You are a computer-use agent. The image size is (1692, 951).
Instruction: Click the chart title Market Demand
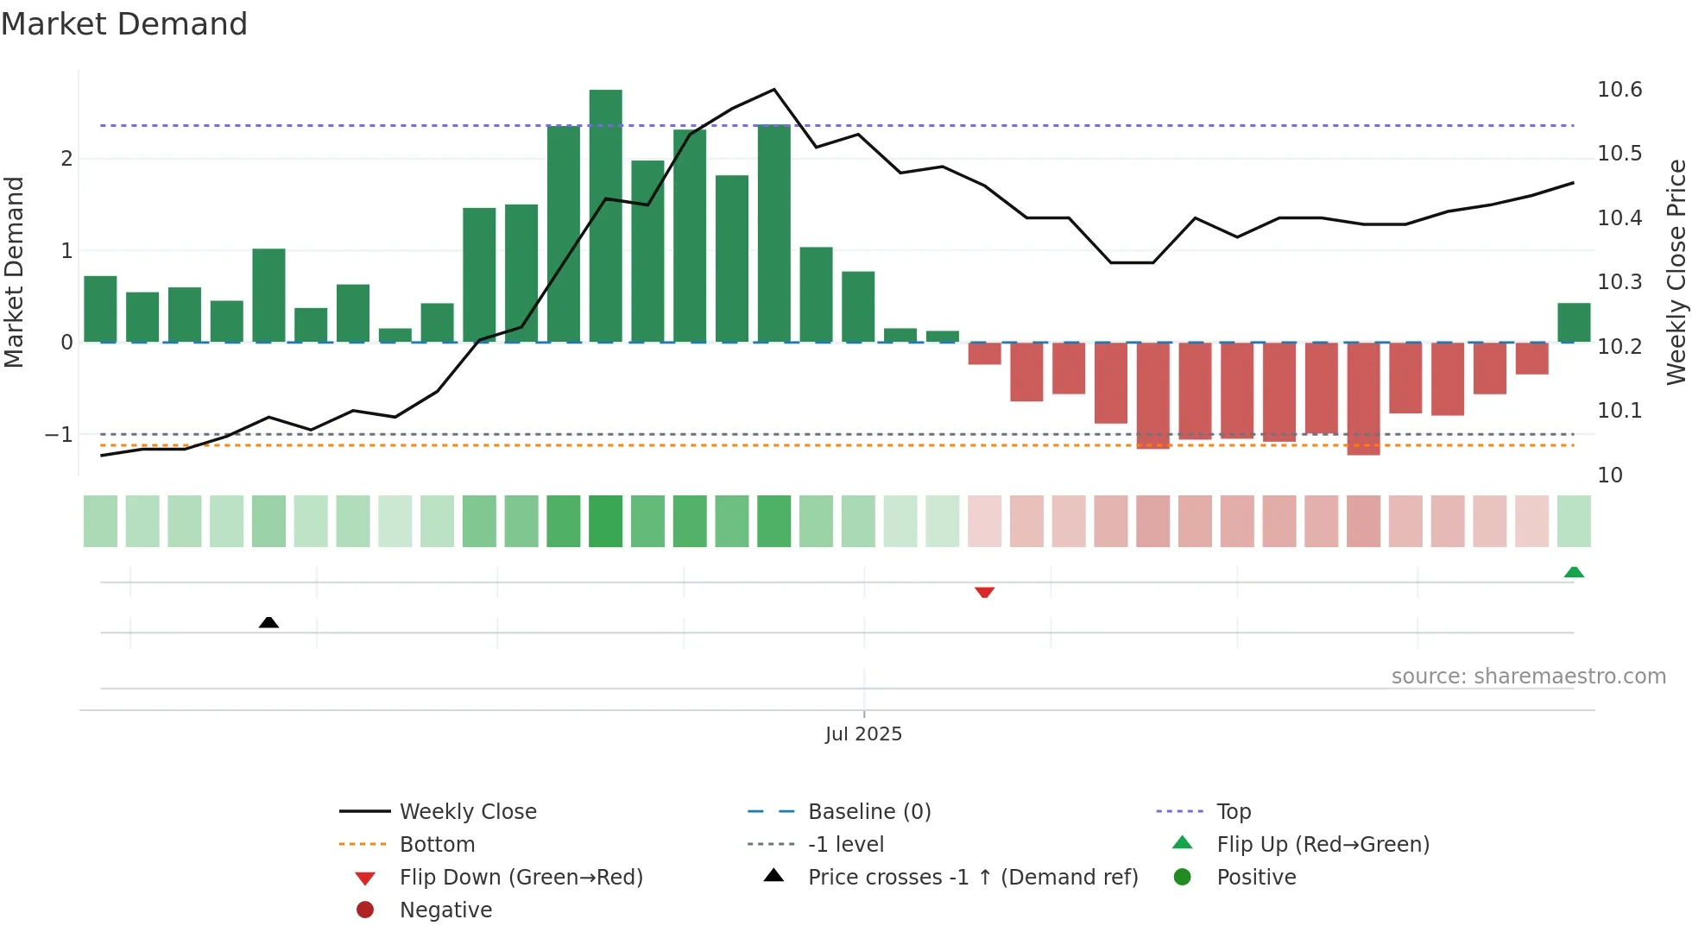(124, 24)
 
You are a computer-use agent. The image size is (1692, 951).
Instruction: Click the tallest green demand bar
(605, 216)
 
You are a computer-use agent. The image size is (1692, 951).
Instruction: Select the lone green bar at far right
(1573, 323)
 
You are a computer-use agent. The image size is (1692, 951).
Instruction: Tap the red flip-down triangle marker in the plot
(984, 592)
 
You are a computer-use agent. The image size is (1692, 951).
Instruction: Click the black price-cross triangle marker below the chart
(268, 622)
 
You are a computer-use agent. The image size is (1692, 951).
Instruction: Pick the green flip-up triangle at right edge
(1573, 572)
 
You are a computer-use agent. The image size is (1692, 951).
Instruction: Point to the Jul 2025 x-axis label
(863, 734)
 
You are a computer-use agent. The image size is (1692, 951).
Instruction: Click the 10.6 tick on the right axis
(1619, 90)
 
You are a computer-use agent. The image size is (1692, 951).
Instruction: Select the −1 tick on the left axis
(59, 435)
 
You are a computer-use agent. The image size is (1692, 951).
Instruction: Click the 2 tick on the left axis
(66, 159)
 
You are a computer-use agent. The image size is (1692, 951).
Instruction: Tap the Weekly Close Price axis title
(1676, 272)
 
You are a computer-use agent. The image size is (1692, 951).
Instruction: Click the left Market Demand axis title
(15, 272)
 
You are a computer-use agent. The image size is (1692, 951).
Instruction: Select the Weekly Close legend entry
(467, 811)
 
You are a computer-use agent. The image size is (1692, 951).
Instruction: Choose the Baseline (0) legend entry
(868, 811)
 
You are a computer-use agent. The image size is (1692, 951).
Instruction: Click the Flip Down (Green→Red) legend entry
(521, 877)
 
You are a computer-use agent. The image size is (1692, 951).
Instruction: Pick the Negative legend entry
(445, 910)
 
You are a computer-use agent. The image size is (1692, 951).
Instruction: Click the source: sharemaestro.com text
(1528, 677)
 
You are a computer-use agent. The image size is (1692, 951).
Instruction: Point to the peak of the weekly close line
(773, 90)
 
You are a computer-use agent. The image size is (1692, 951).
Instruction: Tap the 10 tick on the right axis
(1609, 475)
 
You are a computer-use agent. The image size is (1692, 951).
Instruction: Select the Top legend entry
(1233, 811)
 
